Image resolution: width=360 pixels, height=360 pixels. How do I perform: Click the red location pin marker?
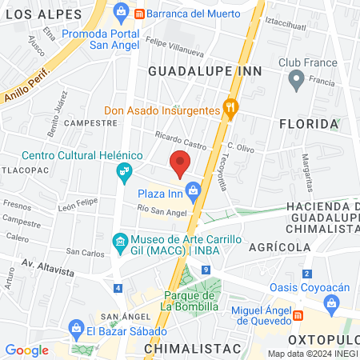pyautogui.click(x=181, y=162)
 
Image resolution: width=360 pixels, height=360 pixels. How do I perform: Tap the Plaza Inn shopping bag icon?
pyautogui.click(x=193, y=190)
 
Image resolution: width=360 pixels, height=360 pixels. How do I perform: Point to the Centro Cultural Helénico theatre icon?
pyautogui.click(x=123, y=170)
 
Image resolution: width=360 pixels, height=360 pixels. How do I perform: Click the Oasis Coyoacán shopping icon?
pyautogui.click(x=332, y=302)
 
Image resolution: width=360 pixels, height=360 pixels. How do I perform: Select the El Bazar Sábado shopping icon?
pyautogui.click(x=77, y=327)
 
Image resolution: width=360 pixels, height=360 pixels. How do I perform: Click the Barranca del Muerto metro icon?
pyautogui.click(x=139, y=14)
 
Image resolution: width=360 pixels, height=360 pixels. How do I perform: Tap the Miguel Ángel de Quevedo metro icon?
pyautogui.click(x=298, y=315)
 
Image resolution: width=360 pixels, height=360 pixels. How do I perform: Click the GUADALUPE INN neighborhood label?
pyautogui.click(x=194, y=71)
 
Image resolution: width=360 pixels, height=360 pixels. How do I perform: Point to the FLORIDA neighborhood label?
pyautogui.click(x=309, y=124)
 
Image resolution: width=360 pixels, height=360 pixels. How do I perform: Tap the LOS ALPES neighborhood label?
pyautogui.click(x=48, y=14)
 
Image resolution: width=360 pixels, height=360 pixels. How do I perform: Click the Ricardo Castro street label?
pyautogui.click(x=180, y=137)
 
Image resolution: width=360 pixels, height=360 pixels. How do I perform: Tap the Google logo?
pyautogui.click(x=26, y=350)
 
